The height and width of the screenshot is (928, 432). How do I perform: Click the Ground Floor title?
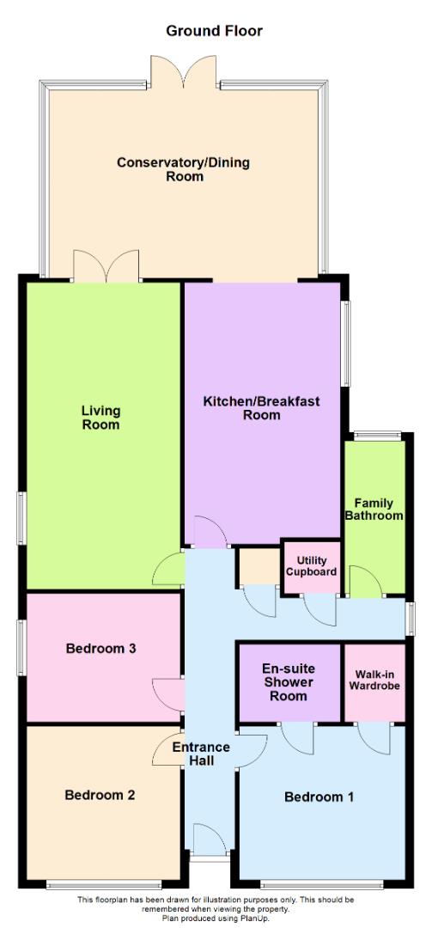pyautogui.click(x=214, y=31)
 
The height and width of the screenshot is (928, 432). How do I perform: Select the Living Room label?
pyautogui.click(x=100, y=417)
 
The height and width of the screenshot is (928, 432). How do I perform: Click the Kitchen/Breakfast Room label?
pyautogui.click(x=261, y=408)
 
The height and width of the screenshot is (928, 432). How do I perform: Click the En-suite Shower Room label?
pyautogui.click(x=289, y=681)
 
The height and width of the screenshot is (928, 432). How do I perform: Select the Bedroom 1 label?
pyautogui.click(x=319, y=797)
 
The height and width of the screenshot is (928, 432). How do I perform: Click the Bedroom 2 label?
pyautogui.click(x=100, y=795)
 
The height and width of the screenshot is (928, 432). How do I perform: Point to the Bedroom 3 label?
pyautogui.click(x=101, y=649)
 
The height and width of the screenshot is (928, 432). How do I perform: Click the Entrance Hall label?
pyautogui.click(x=199, y=754)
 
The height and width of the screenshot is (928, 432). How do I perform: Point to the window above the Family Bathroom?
pyautogui.click(x=375, y=435)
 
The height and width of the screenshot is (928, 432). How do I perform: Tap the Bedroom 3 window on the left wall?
pyautogui.click(x=22, y=643)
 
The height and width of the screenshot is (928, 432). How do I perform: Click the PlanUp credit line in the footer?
pyautogui.click(x=216, y=918)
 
